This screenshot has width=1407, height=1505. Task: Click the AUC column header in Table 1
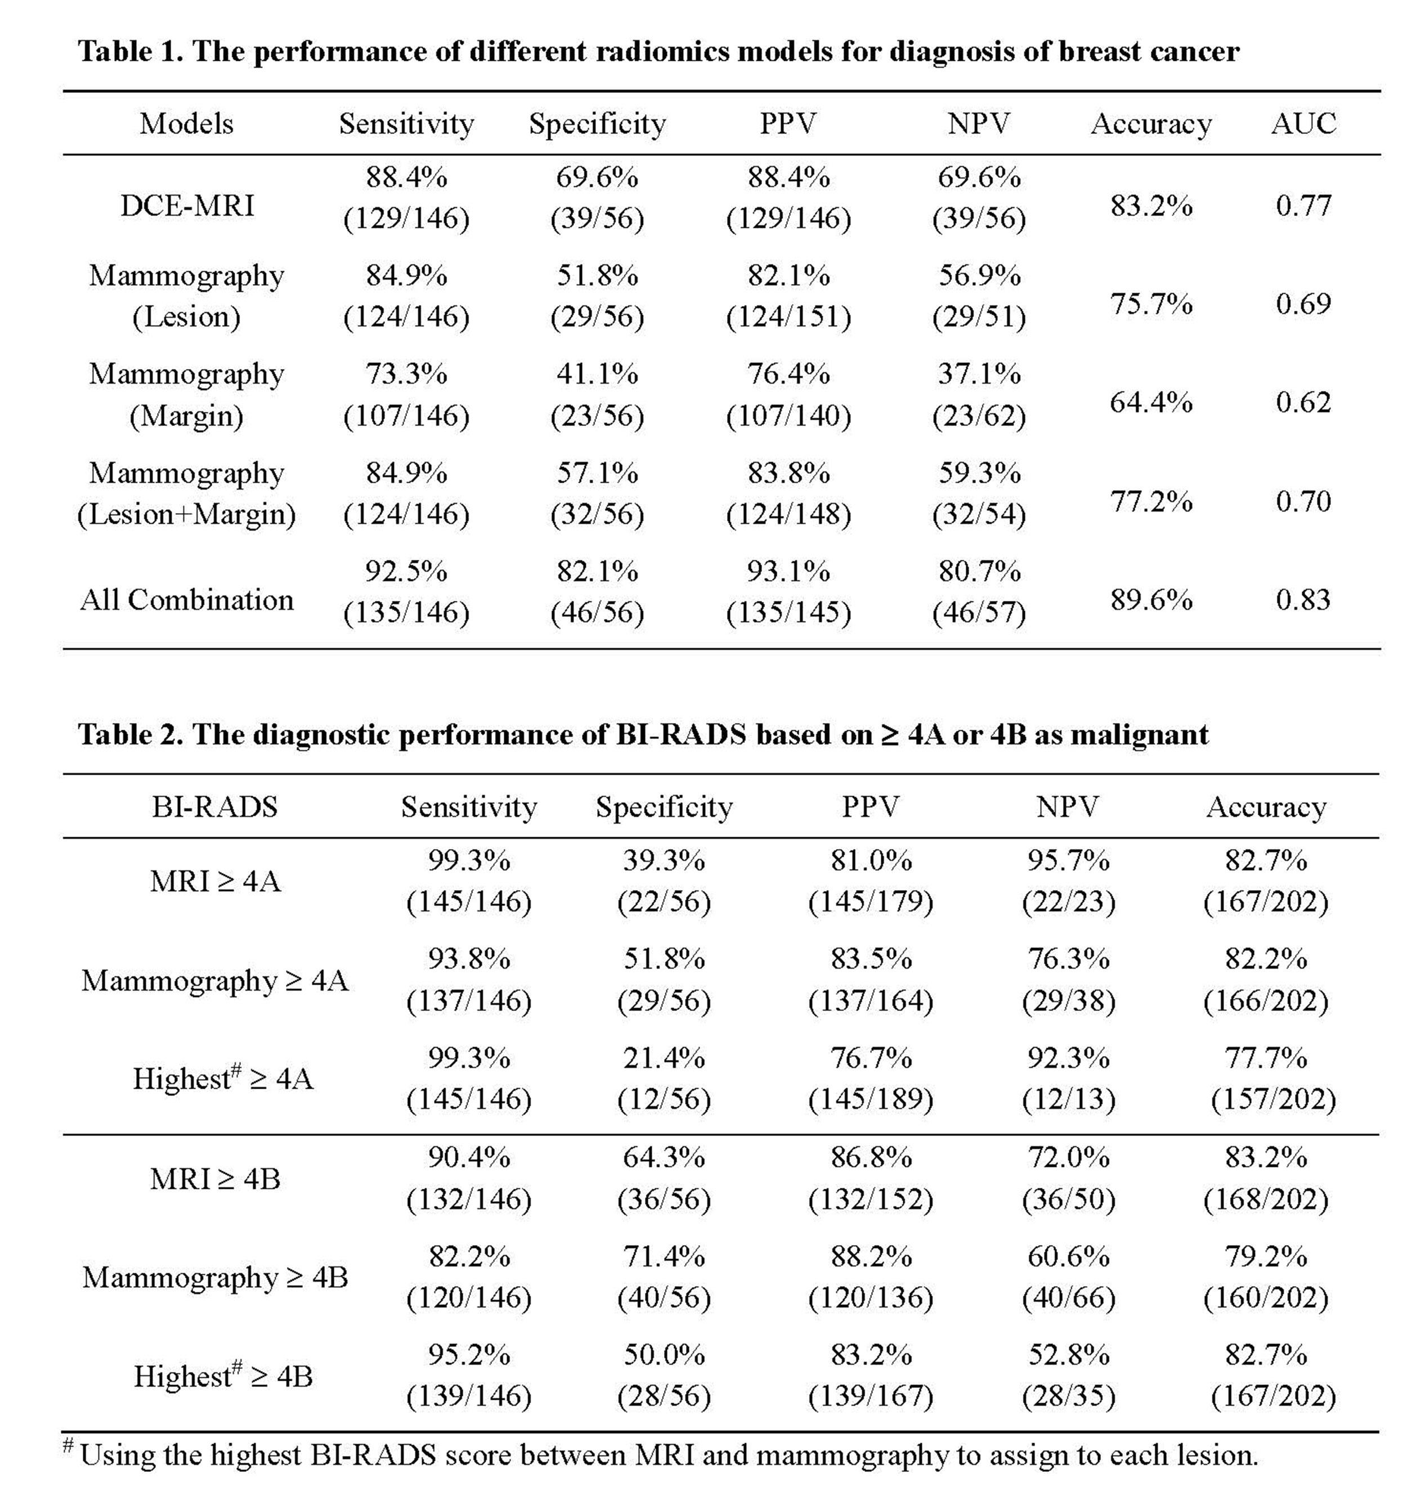click(x=1302, y=123)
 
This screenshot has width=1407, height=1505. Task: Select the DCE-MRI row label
click(x=186, y=205)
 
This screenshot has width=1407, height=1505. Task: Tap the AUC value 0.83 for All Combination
click(x=1302, y=600)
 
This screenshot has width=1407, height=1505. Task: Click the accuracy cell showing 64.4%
click(x=1150, y=402)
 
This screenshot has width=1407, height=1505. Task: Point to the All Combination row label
click(x=186, y=600)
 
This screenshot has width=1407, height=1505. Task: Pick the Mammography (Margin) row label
click(x=186, y=394)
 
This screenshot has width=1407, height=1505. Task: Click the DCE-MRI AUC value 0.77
click(x=1302, y=205)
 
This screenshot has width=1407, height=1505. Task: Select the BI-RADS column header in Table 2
click(x=214, y=807)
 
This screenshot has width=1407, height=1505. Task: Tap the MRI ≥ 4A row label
click(x=215, y=881)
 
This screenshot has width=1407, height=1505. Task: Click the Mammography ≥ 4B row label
click(x=215, y=1277)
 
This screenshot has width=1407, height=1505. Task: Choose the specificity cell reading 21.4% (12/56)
click(x=664, y=1078)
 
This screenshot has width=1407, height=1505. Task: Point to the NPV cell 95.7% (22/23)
click(x=1068, y=881)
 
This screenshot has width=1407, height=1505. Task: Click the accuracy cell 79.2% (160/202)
click(x=1265, y=1277)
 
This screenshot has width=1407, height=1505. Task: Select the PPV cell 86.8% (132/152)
click(x=870, y=1179)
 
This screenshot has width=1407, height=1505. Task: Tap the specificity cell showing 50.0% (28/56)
click(x=664, y=1376)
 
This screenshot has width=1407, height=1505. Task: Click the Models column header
click(x=186, y=123)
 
